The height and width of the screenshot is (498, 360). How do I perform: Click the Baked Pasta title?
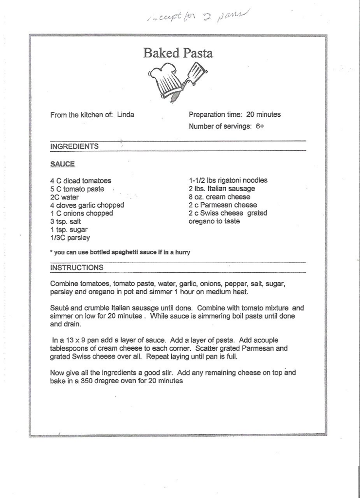(178, 53)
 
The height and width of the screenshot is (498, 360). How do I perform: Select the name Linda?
(126, 115)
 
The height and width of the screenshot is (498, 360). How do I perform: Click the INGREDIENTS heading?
(74, 146)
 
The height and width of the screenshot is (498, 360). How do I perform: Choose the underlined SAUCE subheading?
(62, 164)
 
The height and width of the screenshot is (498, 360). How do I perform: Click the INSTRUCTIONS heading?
(77, 267)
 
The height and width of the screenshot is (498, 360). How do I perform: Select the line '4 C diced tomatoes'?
(80, 181)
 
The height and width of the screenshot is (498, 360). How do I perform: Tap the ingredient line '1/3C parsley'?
(70, 237)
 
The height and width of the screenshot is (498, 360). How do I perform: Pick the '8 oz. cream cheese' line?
(219, 197)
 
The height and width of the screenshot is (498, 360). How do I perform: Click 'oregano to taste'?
(214, 221)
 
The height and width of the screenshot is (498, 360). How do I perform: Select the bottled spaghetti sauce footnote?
(120, 252)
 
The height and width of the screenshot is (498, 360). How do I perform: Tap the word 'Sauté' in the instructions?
(59, 308)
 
